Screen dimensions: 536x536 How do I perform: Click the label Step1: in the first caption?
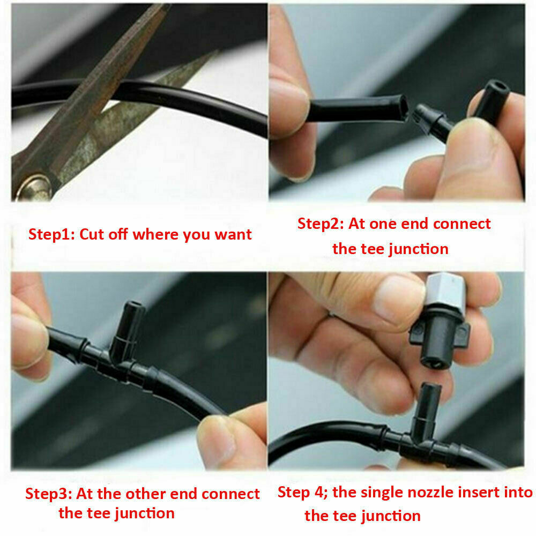click(51, 235)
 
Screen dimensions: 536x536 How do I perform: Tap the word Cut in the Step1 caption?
click(92, 235)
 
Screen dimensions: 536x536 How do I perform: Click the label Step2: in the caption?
click(321, 224)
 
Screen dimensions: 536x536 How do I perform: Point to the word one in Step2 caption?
click(383, 224)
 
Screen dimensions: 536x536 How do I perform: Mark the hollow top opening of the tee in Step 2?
click(497, 85)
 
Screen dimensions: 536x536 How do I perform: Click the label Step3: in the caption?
click(49, 494)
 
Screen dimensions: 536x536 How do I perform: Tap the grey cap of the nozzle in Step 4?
click(445, 291)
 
